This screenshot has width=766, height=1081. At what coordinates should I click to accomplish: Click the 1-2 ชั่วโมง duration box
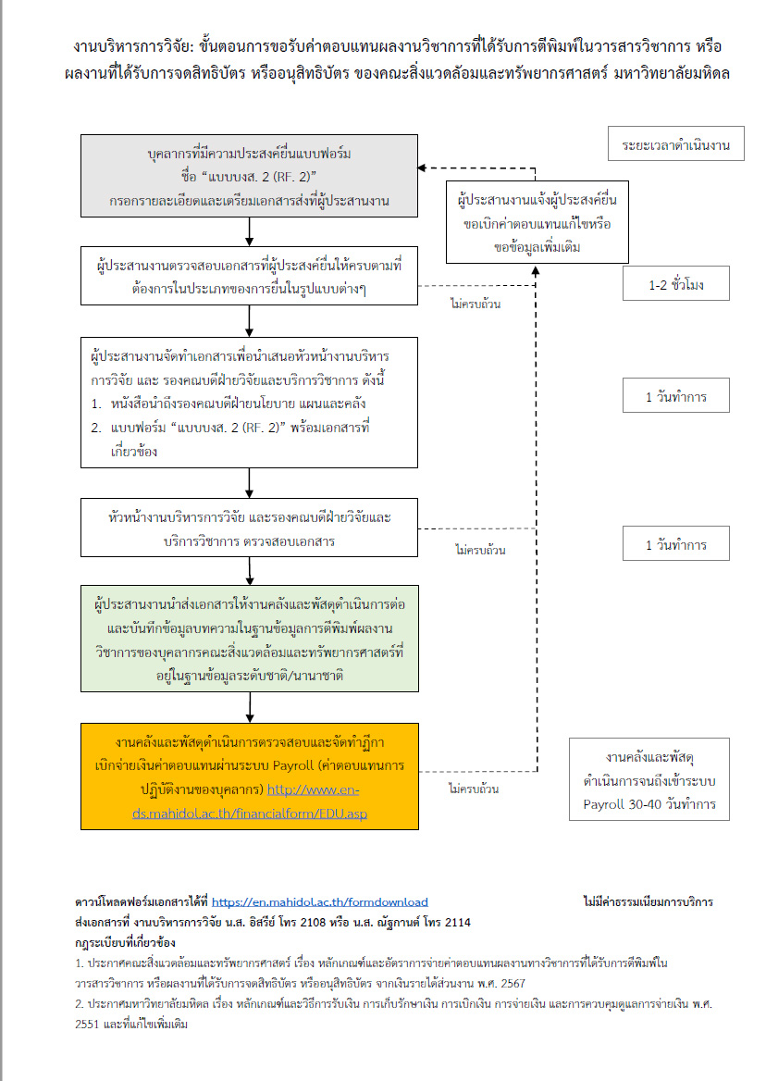(x=676, y=284)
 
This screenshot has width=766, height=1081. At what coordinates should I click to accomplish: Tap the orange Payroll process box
(x=249, y=777)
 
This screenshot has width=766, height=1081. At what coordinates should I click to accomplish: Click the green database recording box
(x=249, y=639)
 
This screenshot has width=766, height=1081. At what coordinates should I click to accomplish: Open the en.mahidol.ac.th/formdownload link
(x=319, y=901)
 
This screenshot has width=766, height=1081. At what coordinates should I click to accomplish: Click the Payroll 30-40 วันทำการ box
(x=649, y=779)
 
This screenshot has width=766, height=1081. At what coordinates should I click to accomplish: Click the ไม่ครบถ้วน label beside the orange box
(x=474, y=789)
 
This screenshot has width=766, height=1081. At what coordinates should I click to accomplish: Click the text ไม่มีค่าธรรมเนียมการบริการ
(x=648, y=901)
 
